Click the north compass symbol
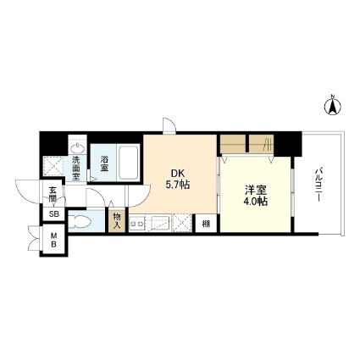coord(332,106)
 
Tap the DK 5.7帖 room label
coord(178,179)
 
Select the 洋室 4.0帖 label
coord(256,196)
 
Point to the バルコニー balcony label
coord(318,186)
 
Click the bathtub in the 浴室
coord(129,163)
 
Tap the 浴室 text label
coord(104,163)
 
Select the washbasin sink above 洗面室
coord(77,148)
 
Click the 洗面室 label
coord(76,169)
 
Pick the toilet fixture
coord(80,221)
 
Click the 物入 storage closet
coord(117,221)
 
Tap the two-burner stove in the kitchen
coord(137,224)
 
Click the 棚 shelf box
coord(206,224)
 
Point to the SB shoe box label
coord(54,214)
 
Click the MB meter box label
coord(53,239)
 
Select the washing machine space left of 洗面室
coord(53,166)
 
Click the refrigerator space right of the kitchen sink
coord(183,224)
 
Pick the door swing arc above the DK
coord(169,125)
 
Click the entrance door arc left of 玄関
coord(29,191)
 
